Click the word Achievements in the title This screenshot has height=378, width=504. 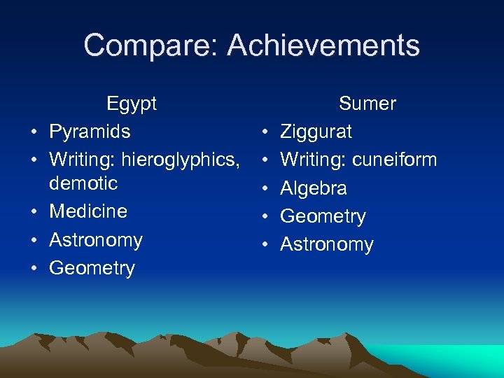(x=323, y=46)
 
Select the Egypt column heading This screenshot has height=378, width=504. (x=132, y=104)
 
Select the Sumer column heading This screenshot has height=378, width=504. (x=367, y=104)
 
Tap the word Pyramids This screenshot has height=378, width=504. (x=90, y=132)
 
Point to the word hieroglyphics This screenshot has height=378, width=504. (x=180, y=160)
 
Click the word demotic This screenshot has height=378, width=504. (x=83, y=183)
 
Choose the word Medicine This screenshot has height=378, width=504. (x=88, y=211)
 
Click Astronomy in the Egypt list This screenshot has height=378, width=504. (x=96, y=240)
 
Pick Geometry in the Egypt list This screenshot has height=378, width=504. (x=92, y=268)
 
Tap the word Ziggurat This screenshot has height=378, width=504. (x=316, y=132)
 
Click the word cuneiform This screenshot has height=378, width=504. (x=394, y=160)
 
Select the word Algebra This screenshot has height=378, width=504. (x=314, y=188)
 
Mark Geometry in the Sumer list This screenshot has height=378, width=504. (x=323, y=217)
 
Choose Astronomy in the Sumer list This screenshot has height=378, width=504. (x=327, y=245)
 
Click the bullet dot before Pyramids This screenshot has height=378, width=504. (x=34, y=132)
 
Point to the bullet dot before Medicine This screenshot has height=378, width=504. (x=34, y=212)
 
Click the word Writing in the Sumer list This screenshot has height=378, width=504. (x=312, y=160)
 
